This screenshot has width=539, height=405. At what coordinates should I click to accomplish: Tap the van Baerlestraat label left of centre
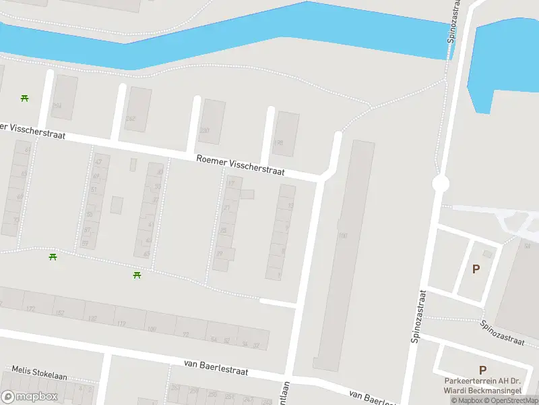[x=216, y=367]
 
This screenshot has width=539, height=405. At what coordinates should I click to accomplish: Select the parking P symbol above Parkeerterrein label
[x=482, y=370]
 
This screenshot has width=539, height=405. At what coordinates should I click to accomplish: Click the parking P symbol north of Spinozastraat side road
[x=476, y=269]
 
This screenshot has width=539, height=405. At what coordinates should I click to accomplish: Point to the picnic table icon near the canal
[x=25, y=98]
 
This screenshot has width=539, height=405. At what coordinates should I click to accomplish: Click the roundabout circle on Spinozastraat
[x=441, y=184]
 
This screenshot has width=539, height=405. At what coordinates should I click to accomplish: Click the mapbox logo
[x=30, y=396]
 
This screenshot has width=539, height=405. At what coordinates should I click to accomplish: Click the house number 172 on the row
[x=30, y=308]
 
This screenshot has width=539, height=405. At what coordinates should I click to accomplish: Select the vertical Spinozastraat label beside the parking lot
[x=418, y=317]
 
